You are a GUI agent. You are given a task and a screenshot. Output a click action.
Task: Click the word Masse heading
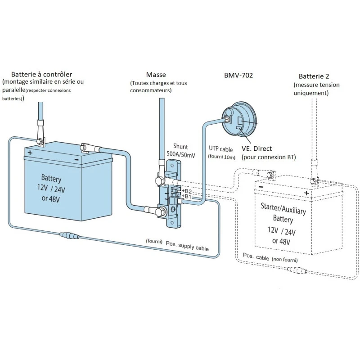click(156, 74)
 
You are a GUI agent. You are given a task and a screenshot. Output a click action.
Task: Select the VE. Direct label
click(257, 148)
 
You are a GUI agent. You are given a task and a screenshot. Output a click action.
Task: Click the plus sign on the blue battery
click(30, 153)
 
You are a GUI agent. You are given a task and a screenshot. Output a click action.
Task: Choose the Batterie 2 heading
click(314, 76)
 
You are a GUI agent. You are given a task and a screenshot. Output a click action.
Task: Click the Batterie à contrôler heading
click(41, 74)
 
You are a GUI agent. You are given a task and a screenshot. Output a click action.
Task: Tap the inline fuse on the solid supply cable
click(69, 235)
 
